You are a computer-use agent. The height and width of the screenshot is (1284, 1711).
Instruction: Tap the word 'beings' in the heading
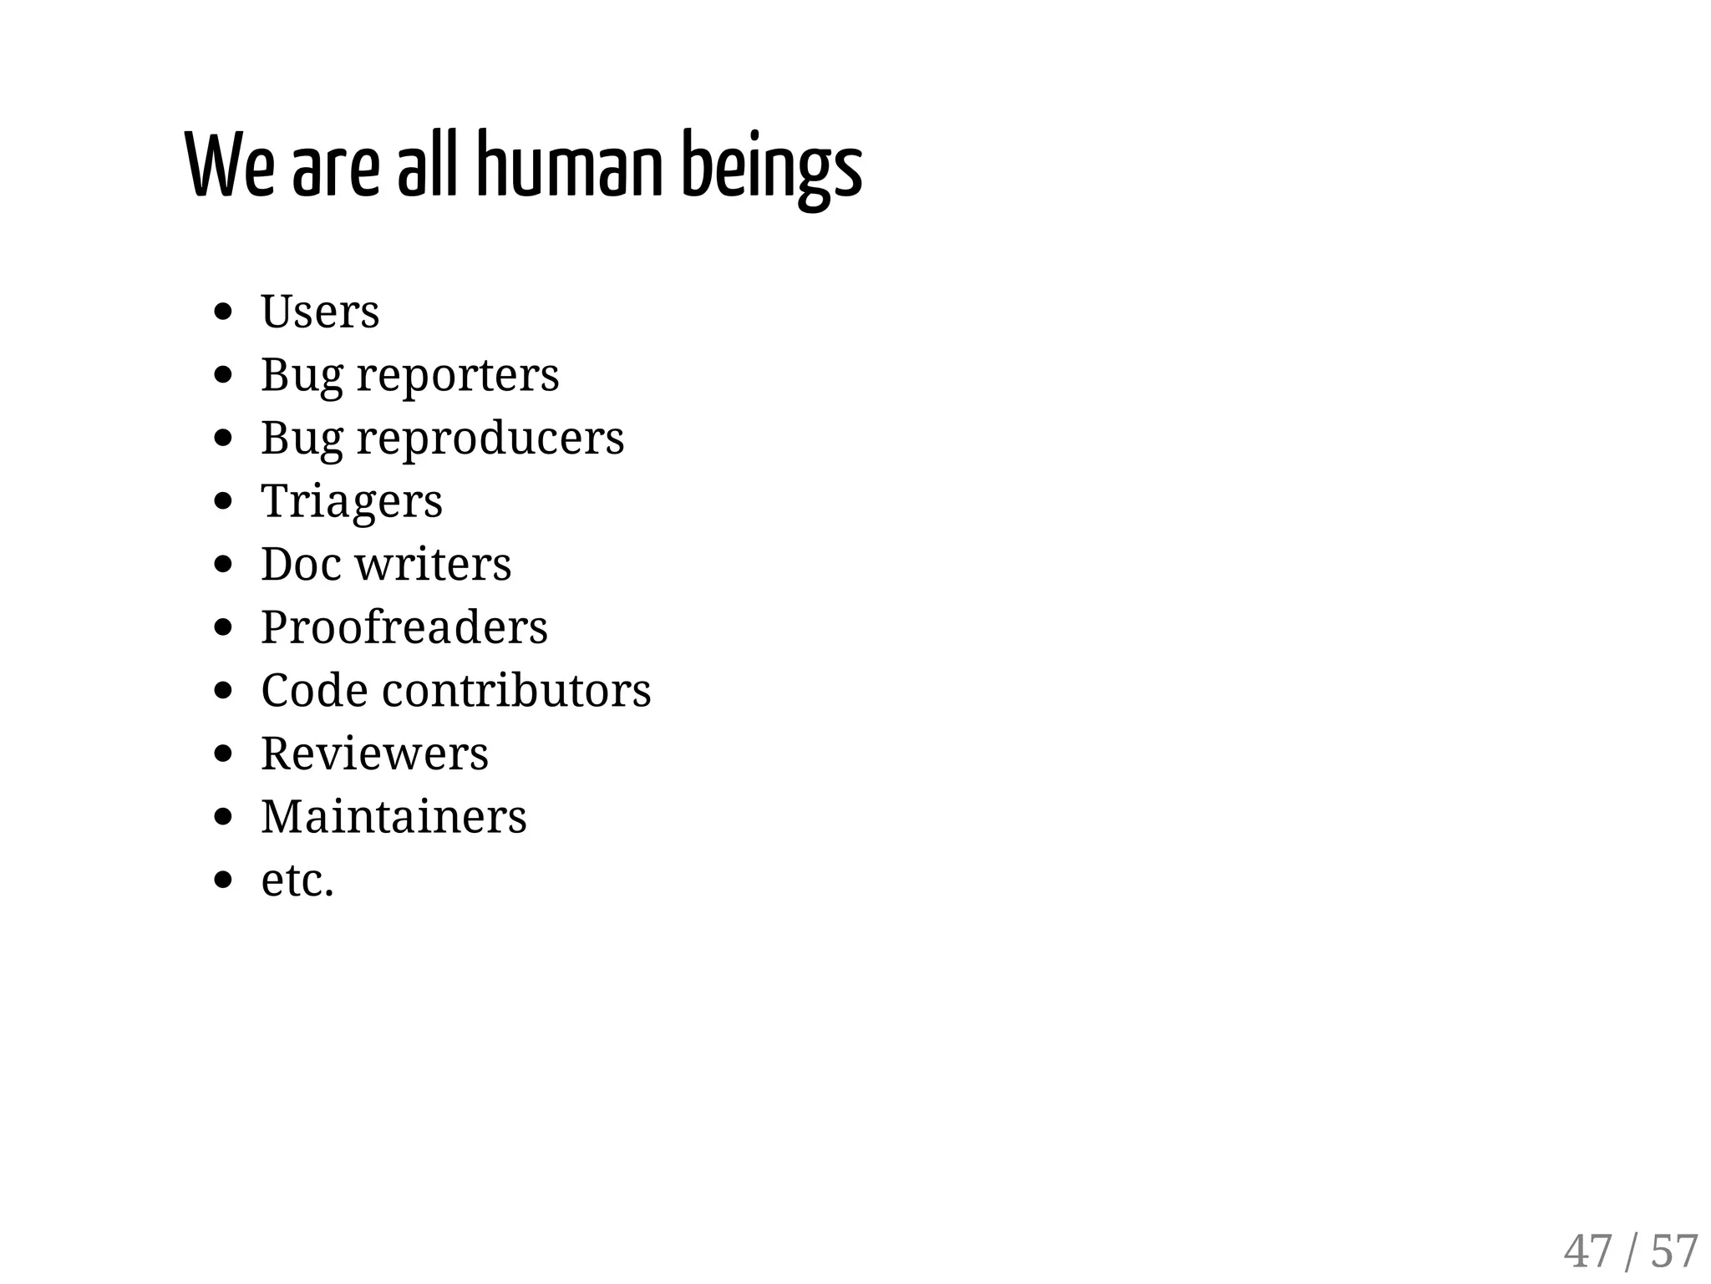771,167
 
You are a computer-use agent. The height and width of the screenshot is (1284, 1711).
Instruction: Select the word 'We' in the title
228,165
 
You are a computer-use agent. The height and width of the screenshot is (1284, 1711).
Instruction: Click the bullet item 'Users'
320,312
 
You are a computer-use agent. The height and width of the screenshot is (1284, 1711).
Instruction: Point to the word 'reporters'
458,375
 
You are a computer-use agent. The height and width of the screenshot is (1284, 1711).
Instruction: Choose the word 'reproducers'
490,438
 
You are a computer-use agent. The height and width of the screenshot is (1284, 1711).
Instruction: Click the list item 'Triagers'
352,501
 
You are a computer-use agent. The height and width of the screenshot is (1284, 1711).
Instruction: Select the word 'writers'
434,564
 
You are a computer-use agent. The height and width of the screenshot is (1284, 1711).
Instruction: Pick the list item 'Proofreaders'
404,627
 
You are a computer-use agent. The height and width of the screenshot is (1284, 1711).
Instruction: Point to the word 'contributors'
516,691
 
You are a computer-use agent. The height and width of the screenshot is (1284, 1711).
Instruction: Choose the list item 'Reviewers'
374,754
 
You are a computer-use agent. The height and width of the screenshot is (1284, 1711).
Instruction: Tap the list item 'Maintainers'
393,817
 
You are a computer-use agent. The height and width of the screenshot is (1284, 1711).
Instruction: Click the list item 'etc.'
297,881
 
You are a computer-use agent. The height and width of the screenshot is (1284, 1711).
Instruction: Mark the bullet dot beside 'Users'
222,312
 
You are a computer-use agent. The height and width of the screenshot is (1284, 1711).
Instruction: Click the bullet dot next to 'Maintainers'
222,817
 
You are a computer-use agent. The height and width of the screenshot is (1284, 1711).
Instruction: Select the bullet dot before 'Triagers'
222,501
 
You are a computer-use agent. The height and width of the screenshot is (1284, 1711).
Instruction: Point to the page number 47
1587,1251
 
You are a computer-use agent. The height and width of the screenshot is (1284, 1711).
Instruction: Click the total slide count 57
1674,1251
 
